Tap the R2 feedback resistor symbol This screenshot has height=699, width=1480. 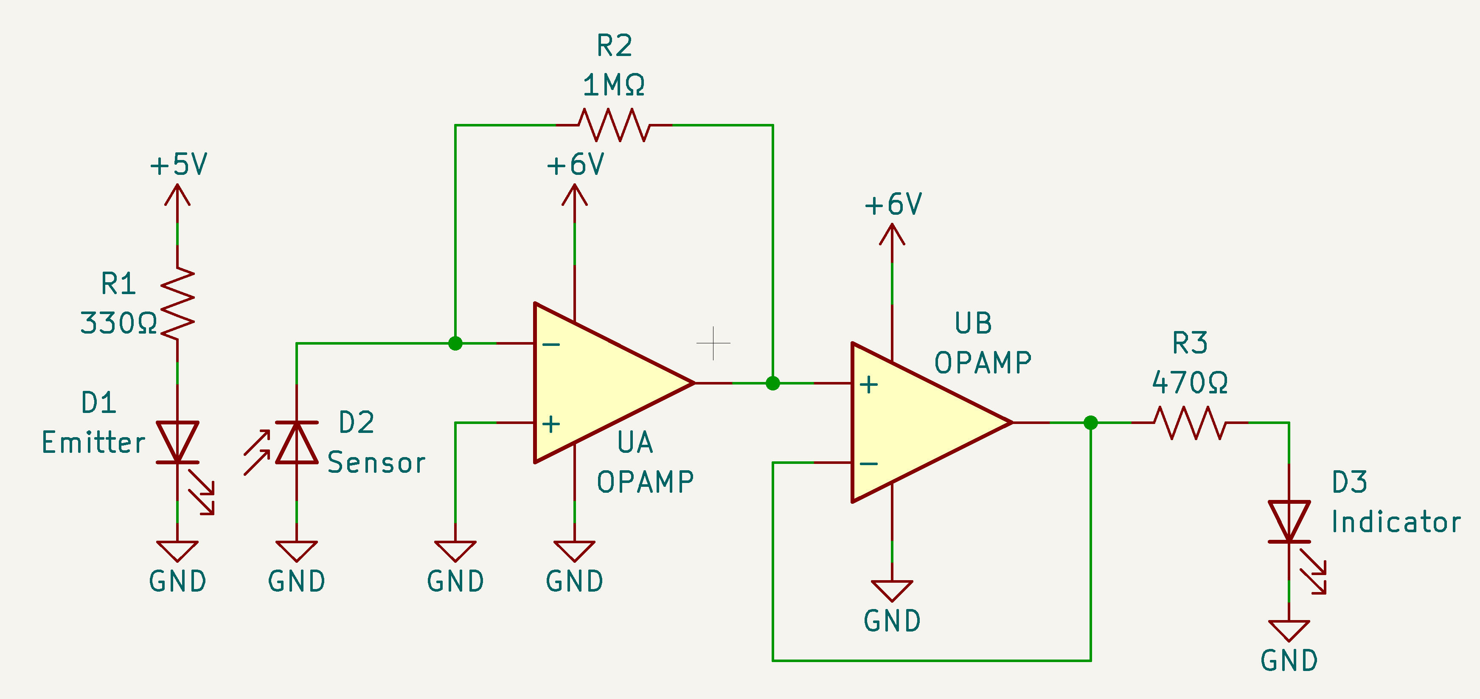614,125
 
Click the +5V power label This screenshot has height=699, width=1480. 178,165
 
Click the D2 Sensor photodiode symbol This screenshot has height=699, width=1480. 296,442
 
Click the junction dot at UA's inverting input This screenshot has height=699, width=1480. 455,343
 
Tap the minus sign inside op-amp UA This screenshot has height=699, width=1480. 551,345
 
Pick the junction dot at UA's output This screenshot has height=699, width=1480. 773,383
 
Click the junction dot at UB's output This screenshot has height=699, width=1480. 1090,423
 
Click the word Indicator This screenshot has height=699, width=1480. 1396,522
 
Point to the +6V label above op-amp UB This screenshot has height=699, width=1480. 893,205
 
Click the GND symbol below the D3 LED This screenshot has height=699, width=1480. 1289,631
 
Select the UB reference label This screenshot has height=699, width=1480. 973,323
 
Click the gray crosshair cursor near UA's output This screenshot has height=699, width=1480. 713,343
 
